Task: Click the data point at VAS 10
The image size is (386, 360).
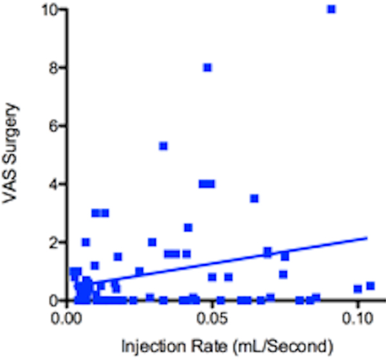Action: click(x=331, y=9)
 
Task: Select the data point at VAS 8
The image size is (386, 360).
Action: click(x=207, y=68)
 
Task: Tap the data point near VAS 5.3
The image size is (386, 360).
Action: click(x=163, y=146)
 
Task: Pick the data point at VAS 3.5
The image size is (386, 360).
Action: click(x=254, y=198)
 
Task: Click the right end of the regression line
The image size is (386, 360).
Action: click(x=367, y=238)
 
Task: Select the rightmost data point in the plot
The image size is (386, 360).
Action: click(x=370, y=286)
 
